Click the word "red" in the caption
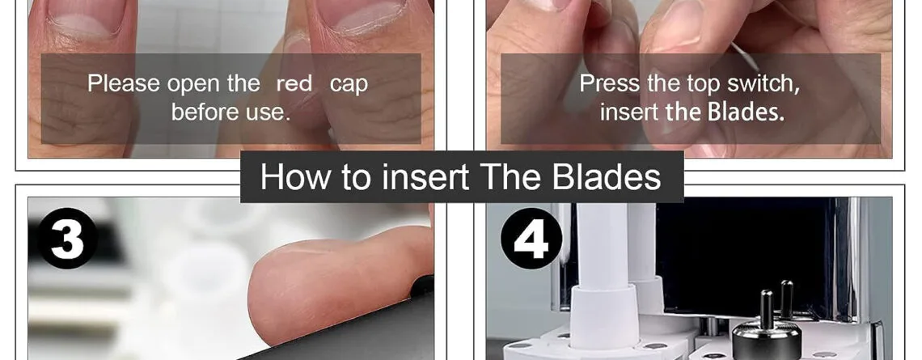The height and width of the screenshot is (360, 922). coord(294,84)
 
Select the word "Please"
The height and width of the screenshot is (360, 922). coord(124,83)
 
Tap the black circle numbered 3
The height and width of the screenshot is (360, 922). coord(67,238)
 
